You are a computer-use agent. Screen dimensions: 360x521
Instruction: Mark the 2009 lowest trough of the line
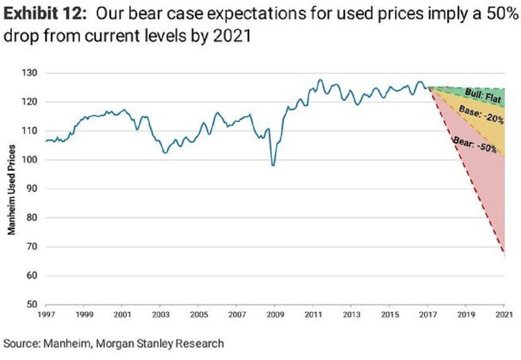point(273,165)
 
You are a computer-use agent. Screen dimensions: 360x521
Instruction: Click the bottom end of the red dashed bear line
point(504,252)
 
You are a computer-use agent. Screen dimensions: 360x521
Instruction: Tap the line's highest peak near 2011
point(320,79)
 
